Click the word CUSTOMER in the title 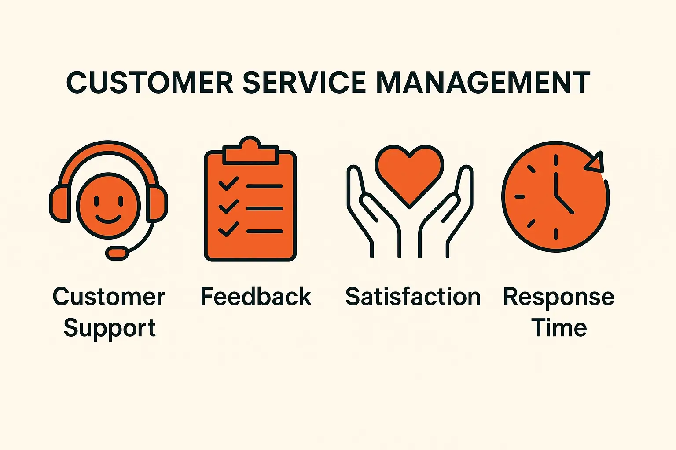coord(150,82)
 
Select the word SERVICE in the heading coord(304,82)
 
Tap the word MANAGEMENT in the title coord(483,82)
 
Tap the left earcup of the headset coord(59,203)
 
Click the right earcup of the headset coord(157,203)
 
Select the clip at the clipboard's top coord(250,152)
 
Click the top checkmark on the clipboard coord(228,184)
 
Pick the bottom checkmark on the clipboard coord(228,229)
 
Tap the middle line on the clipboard coord(265,208)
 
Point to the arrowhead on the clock coord(595,163)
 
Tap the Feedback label coord(256,297)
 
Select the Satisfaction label coord(413,297)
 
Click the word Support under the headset coord(110,328)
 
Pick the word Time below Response coord(559,328)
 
